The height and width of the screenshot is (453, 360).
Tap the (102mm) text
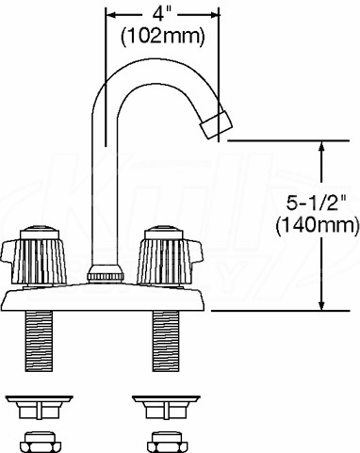(x=163, y=37)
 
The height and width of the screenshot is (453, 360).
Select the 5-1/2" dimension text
(x=315, y=204)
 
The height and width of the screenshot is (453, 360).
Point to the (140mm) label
(x=318, y=225)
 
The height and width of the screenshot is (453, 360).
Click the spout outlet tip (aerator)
(x=217, y=124)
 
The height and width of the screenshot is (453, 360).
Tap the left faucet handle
(x=34, y=255)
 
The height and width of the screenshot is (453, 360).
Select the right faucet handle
(x=170, y=255)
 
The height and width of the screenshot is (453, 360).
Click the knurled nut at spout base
(x=105, y=273)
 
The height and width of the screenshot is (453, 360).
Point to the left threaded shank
(x=39, y=341)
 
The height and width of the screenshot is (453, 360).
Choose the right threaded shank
(x=166, y=341)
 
